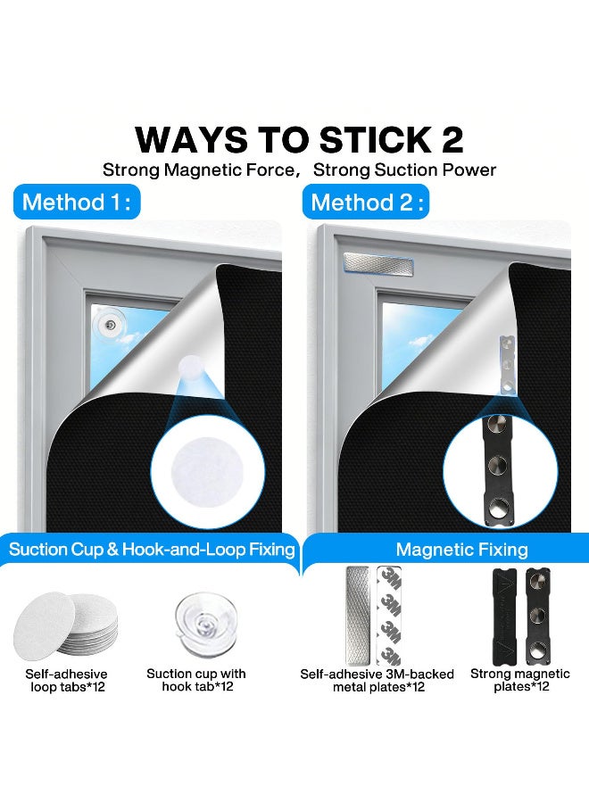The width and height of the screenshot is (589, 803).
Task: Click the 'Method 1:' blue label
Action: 77,202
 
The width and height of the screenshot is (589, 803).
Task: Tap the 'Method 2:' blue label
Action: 366,202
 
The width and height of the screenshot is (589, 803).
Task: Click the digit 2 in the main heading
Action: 452,139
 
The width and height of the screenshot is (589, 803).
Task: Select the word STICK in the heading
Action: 375,139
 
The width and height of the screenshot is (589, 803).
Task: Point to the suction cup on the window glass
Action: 110,324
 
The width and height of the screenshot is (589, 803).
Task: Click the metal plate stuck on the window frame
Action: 378,263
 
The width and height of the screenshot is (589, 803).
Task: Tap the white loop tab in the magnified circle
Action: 206,471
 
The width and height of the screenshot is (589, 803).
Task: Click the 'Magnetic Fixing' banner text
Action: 462,550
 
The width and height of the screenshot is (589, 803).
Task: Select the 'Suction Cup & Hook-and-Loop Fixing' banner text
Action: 152,550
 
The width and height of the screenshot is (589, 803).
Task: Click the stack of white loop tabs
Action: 65,625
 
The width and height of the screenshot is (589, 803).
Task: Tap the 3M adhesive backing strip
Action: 389,616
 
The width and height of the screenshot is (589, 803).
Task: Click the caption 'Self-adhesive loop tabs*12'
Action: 67,680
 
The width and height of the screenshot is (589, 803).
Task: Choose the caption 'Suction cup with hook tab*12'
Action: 196,680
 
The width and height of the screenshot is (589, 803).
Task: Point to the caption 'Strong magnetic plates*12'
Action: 520,680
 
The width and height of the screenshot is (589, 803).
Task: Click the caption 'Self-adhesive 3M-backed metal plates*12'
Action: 377,680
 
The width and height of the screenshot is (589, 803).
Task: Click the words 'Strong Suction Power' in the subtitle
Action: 404,170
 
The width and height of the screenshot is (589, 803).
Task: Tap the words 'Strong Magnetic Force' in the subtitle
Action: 199,170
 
